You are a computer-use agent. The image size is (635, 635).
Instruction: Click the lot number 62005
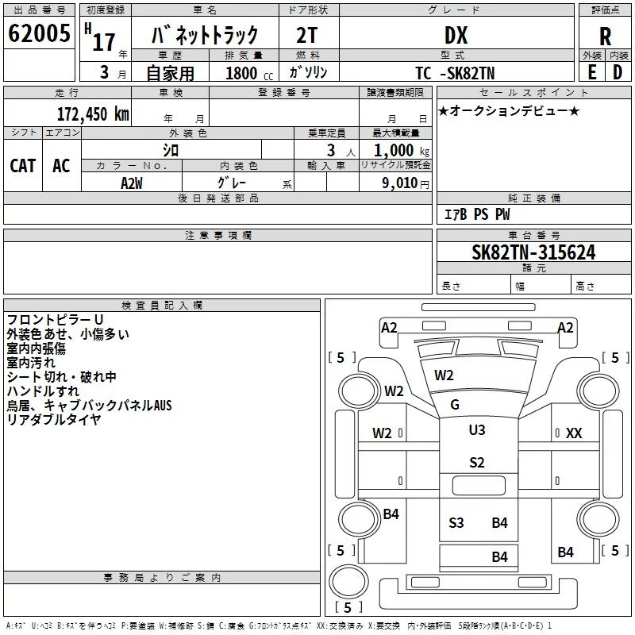click(x=38, y=34)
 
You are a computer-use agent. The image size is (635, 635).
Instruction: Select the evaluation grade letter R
click(x=606, y=35)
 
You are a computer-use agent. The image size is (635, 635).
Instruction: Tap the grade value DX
click(x=456, y=35)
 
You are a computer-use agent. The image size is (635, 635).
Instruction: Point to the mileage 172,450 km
click(x=93, y=114)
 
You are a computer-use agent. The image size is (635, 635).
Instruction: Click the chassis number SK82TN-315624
click(x=533, y=252)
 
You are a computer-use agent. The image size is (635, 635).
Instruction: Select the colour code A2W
click(x=132, y=183)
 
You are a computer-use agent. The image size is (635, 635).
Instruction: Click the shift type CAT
click(x=22, y=165)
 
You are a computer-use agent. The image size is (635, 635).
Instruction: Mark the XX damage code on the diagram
click(x=574, y=433)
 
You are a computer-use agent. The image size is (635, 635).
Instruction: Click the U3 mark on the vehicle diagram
click(x=476, y=430)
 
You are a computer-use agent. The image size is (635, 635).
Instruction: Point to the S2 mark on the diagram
click(x=476, y=463)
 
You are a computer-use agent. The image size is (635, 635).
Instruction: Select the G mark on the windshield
click(x=455, y=405)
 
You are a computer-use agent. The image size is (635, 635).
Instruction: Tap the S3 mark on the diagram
click(x=456, y=522)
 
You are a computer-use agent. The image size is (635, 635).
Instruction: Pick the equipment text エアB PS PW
click(x=476, y=214)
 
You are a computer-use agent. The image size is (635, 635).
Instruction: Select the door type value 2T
click(x=307, y=36)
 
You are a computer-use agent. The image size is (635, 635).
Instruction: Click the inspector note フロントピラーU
click(x=55, y=320)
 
